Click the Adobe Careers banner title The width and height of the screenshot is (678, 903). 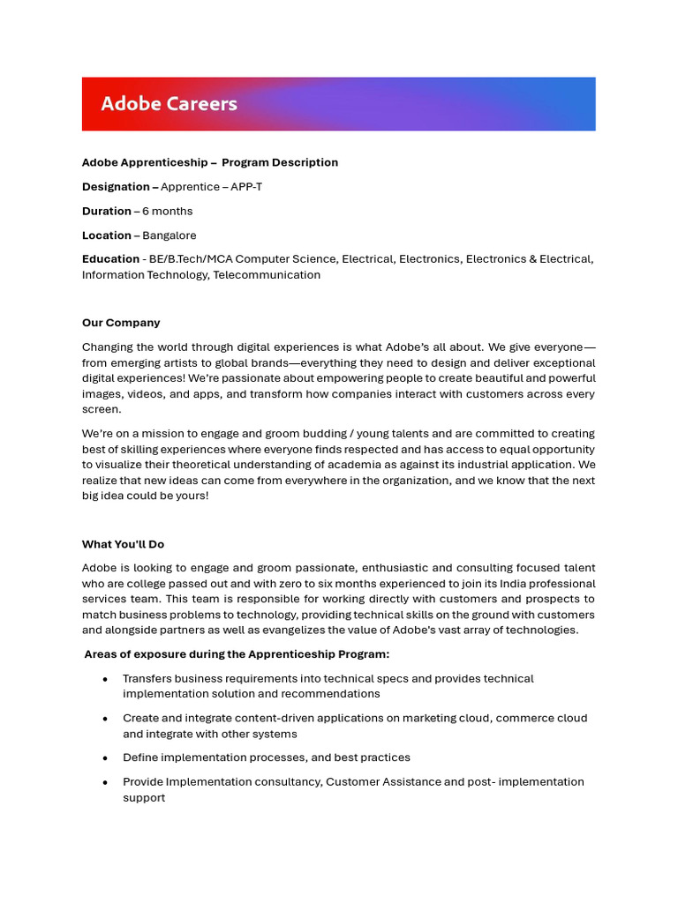(x=169, y=104)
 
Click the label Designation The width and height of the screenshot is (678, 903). (x=116, y=187)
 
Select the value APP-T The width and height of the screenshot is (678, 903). (x=246, y=187)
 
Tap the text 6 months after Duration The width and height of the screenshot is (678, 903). (x=167, y=212)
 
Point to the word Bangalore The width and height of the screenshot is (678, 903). (x=169, y=235)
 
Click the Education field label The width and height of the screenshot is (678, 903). (x=110, y=259)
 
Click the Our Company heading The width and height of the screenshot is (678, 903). (x=121, y=323)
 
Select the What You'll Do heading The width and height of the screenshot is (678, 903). (x=123, y=544)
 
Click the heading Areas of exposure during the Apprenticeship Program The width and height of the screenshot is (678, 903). (x=237, y=654)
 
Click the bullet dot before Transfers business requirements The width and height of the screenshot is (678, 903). (x=106, y=679)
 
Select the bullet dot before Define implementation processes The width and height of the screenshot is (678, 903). (x=106, y=758)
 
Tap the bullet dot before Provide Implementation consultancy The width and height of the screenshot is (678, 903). (x=106, y=782)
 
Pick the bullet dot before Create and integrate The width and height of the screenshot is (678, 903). (x=106, y=719)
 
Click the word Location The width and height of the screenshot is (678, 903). (x=107, y=235)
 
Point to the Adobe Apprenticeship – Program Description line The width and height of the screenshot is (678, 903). (x=210, y=162)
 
